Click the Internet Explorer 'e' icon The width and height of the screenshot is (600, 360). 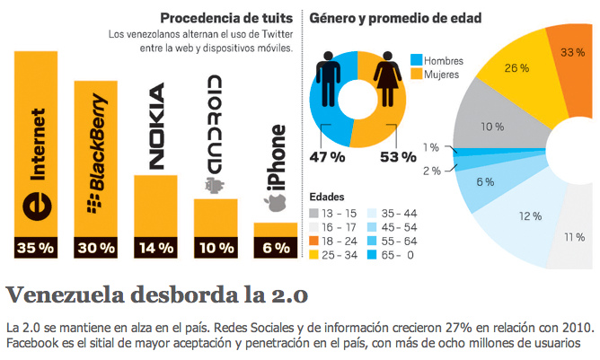(x=37, y=203)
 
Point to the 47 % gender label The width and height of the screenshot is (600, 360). (x=330, y=157)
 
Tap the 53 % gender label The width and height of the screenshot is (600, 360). (x=396, y=157)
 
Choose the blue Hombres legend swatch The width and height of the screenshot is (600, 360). (x=416, y=59)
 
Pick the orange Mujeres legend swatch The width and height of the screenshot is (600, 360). (x=416, y=74)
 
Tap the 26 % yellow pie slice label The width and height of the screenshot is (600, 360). (x=516, y=67)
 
